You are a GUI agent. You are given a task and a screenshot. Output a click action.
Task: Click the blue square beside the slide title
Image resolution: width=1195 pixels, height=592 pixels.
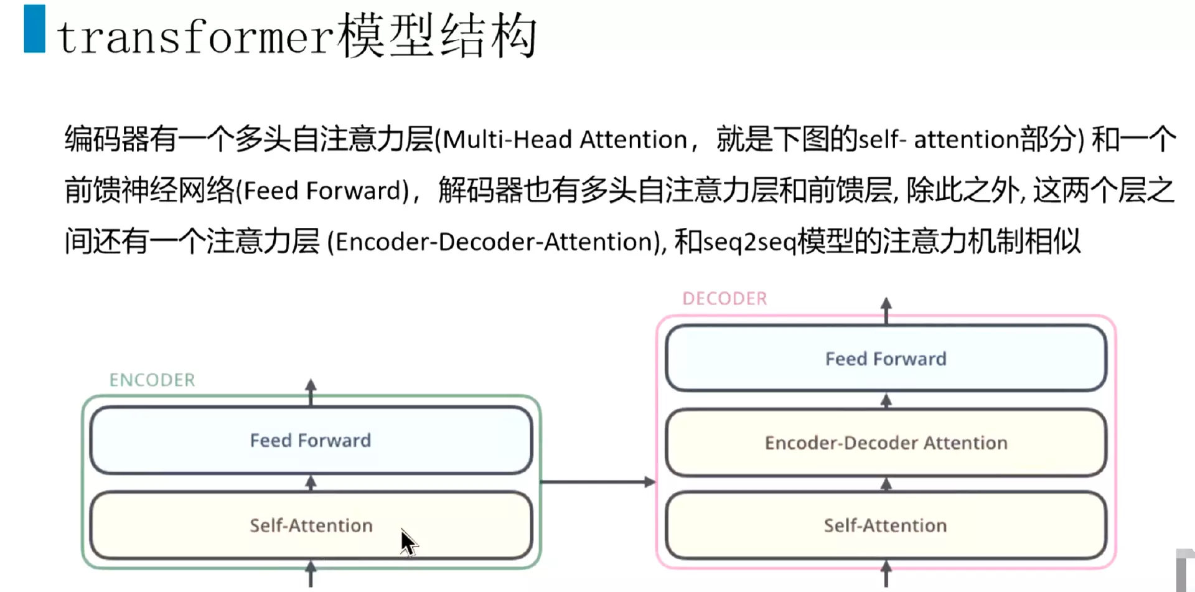[x=34, y=29]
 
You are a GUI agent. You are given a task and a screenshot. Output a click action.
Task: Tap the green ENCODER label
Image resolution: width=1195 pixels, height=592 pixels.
[x=152, y=380]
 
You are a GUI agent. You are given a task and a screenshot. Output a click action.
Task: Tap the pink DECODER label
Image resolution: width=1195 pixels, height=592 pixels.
[x=724, y=299]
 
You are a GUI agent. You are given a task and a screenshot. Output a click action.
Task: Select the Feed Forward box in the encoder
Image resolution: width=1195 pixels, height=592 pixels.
[x=311, y=440]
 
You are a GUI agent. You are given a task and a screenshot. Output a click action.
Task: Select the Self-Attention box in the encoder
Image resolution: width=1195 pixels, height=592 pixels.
[x=311, y=525]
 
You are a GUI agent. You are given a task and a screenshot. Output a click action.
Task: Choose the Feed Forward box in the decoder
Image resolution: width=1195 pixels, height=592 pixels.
[x=886, y=359]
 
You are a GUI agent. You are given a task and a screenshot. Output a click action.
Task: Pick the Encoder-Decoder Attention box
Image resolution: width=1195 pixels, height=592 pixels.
[x=886, y=443]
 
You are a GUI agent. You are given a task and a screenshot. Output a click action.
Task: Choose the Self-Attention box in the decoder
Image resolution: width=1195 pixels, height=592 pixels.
[x=886, y=525]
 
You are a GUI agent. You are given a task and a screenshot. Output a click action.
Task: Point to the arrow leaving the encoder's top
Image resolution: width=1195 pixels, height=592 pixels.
[x=311, y=391]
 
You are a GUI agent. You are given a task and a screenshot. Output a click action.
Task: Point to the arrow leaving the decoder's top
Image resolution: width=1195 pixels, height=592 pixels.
[x=886, y=309]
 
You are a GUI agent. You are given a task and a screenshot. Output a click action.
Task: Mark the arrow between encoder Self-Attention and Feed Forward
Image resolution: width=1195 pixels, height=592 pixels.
[x=311, y=483]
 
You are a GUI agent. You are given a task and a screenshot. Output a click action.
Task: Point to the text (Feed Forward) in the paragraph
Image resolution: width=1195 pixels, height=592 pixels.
[x=322, y=190]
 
